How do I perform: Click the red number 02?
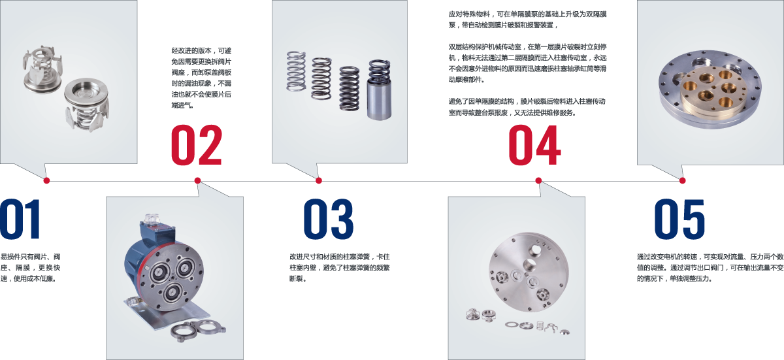tap(197, 145)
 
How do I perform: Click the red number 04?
tap(534, 145)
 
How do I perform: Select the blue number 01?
tap(20, 219)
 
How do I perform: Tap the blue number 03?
tap(329, 219)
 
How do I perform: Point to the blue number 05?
tap(679, 219)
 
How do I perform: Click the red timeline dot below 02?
tap(197, 180)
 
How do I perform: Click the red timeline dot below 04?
tap(538, 180)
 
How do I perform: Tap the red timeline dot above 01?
tap(46, 180)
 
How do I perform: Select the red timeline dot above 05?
tap(682, 180)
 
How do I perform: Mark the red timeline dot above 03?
tap(319, 180)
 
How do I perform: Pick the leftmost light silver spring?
tap(296, 71)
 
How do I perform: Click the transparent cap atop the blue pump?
tap(152, 218)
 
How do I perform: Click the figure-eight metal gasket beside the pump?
tap(198, 331)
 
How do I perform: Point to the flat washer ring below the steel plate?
tap(511, 325)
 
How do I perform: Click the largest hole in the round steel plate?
tap(535, 250)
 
